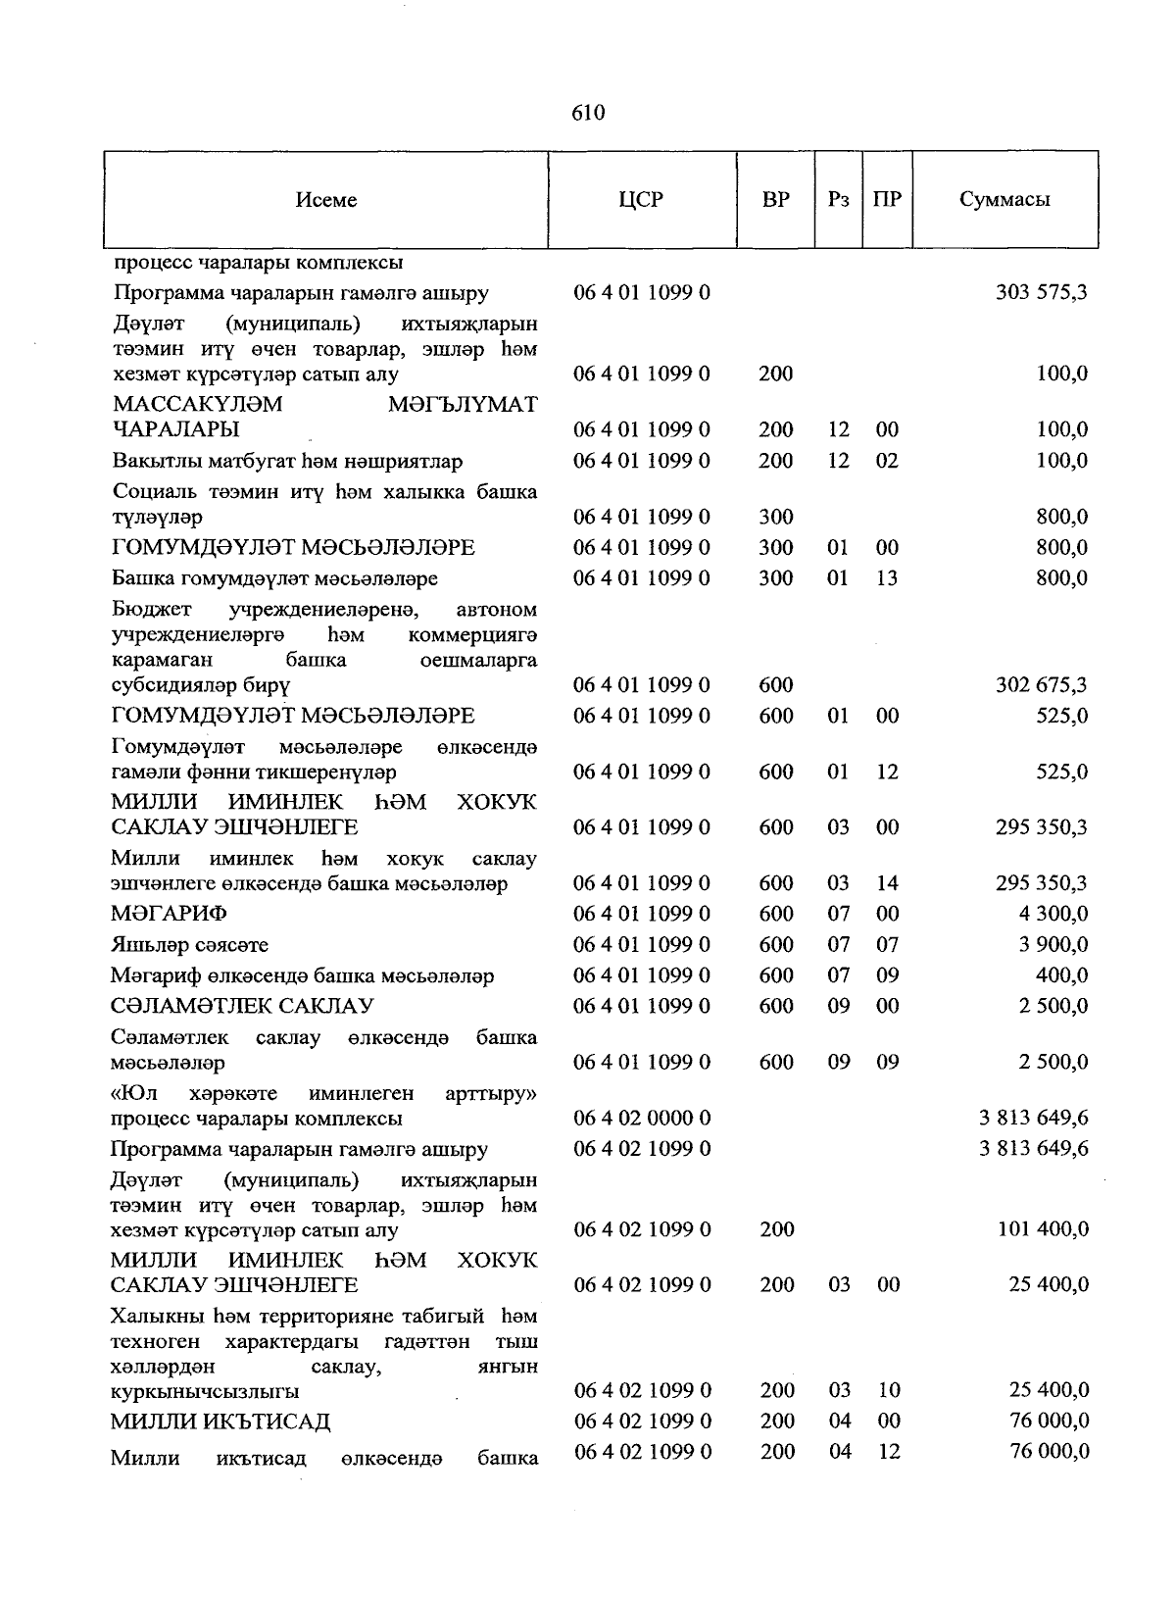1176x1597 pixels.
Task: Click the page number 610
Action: (x=587, y=113)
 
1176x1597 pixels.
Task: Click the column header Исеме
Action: (x=326, y=200)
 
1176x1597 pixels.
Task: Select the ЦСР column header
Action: (x=642, y=199)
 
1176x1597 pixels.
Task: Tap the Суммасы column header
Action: (x=1004, y=199)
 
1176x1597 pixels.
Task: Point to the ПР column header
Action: (x=887, y=199)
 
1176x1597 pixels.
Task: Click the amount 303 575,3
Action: (x=1041, y=292)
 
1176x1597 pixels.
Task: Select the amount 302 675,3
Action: (x=1041, y=685)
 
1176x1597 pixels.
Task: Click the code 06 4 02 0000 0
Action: (x=642, y=1118)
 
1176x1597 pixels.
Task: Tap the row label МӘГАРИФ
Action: (x=169, y=914)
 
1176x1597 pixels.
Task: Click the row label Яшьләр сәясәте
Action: (x=189, y=945)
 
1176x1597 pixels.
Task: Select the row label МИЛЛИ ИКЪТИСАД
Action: (x=220, y=1422)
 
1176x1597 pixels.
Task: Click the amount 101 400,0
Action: (x=1043, y=1229)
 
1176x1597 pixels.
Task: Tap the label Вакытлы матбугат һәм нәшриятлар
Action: (x=286, y=461)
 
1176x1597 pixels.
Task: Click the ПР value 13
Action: (x=887, y=578)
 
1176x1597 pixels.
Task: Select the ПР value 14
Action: (x=887, y=883)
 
